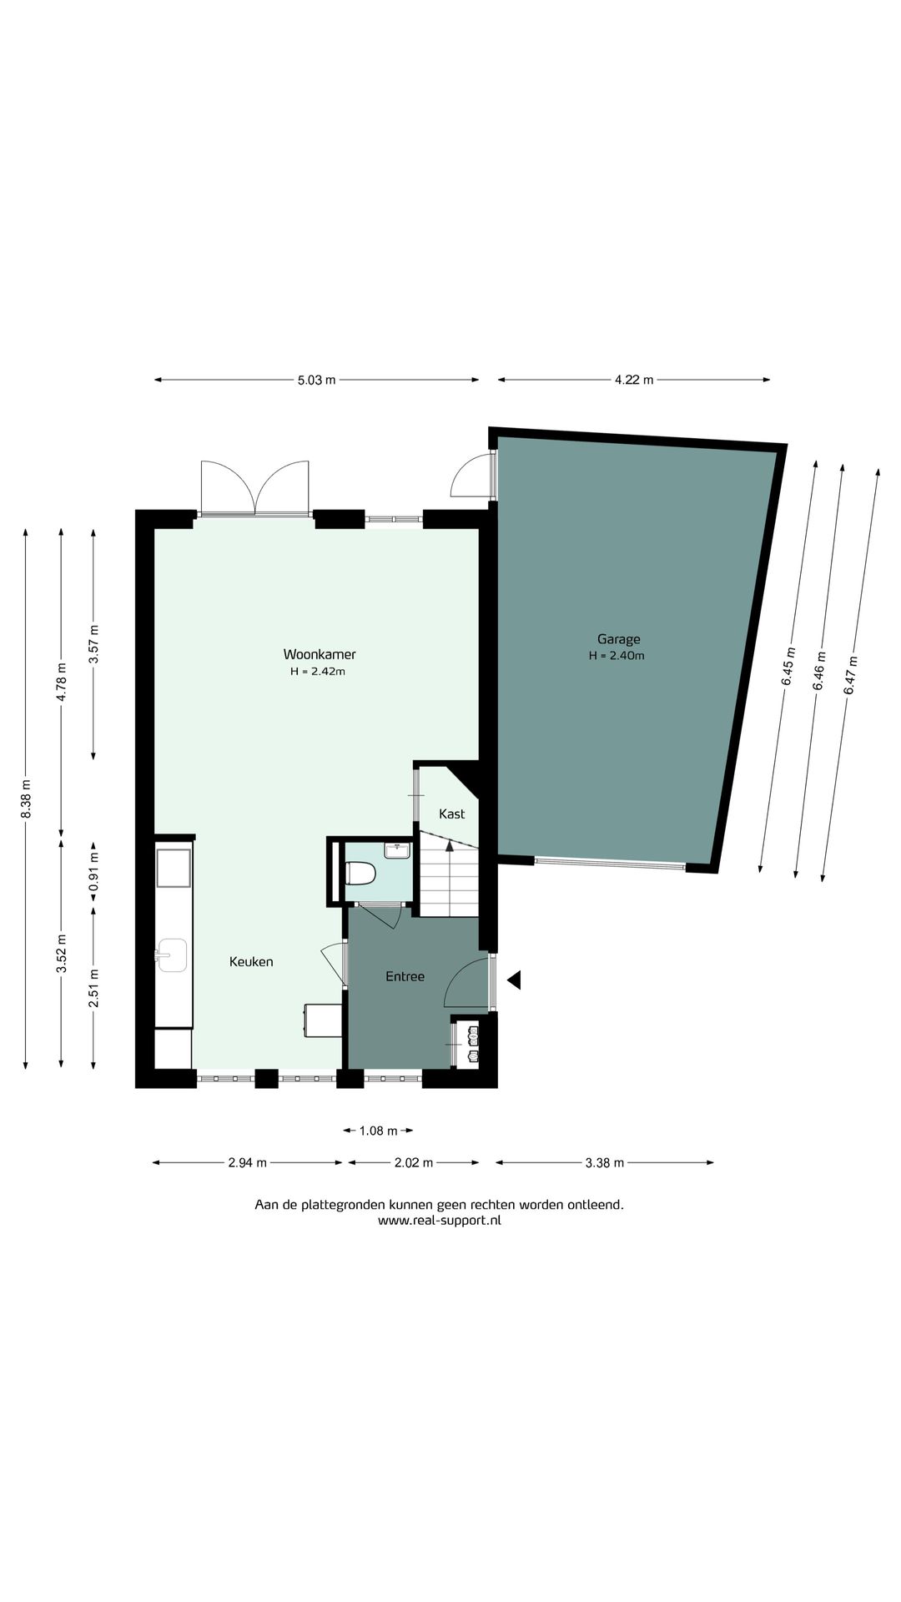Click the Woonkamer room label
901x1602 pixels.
pos(320,654)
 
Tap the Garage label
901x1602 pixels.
pos(618,639)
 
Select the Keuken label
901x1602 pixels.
pos(251,962)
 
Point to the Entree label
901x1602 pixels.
pos(405,976)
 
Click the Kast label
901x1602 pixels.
pos(451,814)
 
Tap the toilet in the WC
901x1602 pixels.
pos(360,874)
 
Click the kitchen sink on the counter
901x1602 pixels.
pos(172,955)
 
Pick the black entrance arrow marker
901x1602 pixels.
pos(514,980)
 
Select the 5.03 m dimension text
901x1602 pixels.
pos(317,380)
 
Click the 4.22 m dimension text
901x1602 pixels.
pos(634,380)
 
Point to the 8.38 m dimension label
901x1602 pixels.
pos(26,798)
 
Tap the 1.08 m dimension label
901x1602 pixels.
pos(378,1131)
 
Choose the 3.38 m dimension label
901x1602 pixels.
pos(604,1163)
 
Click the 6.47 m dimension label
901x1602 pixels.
pos(850,676)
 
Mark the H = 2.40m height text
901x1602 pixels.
pos(617,656)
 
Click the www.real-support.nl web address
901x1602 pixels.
pos(440,1220)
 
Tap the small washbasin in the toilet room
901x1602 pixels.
pos(397,851)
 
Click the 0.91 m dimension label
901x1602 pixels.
pos(94,870)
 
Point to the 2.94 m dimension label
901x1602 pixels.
pos(248,1163)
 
